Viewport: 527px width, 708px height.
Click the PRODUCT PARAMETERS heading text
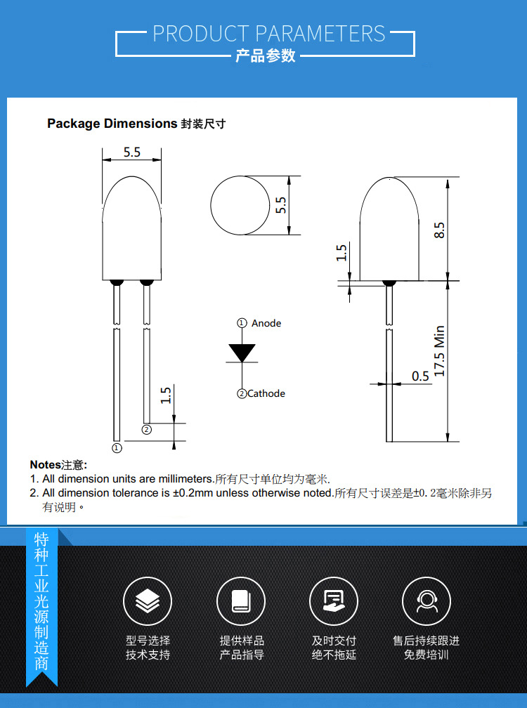(x=269, y=33)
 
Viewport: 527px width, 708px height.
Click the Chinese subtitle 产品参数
(x=265, y=56)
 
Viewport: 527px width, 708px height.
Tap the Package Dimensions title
(x=112, y=124)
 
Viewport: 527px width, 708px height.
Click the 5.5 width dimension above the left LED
(x=132, y=152)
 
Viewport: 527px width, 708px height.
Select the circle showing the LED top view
(x=240, y=205)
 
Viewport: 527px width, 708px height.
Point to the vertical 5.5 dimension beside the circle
(x=281, y=205)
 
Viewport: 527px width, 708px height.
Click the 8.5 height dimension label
(x=439, y=230)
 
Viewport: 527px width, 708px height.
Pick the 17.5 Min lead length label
(x=439, y=350)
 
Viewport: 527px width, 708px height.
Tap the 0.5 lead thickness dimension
(x=420, y=376)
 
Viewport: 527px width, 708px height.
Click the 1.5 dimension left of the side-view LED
(x=341, y=253)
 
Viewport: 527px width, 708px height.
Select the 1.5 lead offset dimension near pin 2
(x=166, y=395)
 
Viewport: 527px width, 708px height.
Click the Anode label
(x=266, y=323)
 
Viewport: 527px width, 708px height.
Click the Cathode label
(x=266, y=393)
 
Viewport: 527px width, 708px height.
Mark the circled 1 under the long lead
(x=117, y=447)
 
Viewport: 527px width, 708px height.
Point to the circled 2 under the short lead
(x=146, y=429)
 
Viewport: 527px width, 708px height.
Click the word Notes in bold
(x=45, y=465)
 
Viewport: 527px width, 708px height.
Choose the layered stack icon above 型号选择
(x=148, y=601)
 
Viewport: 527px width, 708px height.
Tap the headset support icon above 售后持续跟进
(x=426, y=601)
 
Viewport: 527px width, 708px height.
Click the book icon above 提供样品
(x=240, y=601)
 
